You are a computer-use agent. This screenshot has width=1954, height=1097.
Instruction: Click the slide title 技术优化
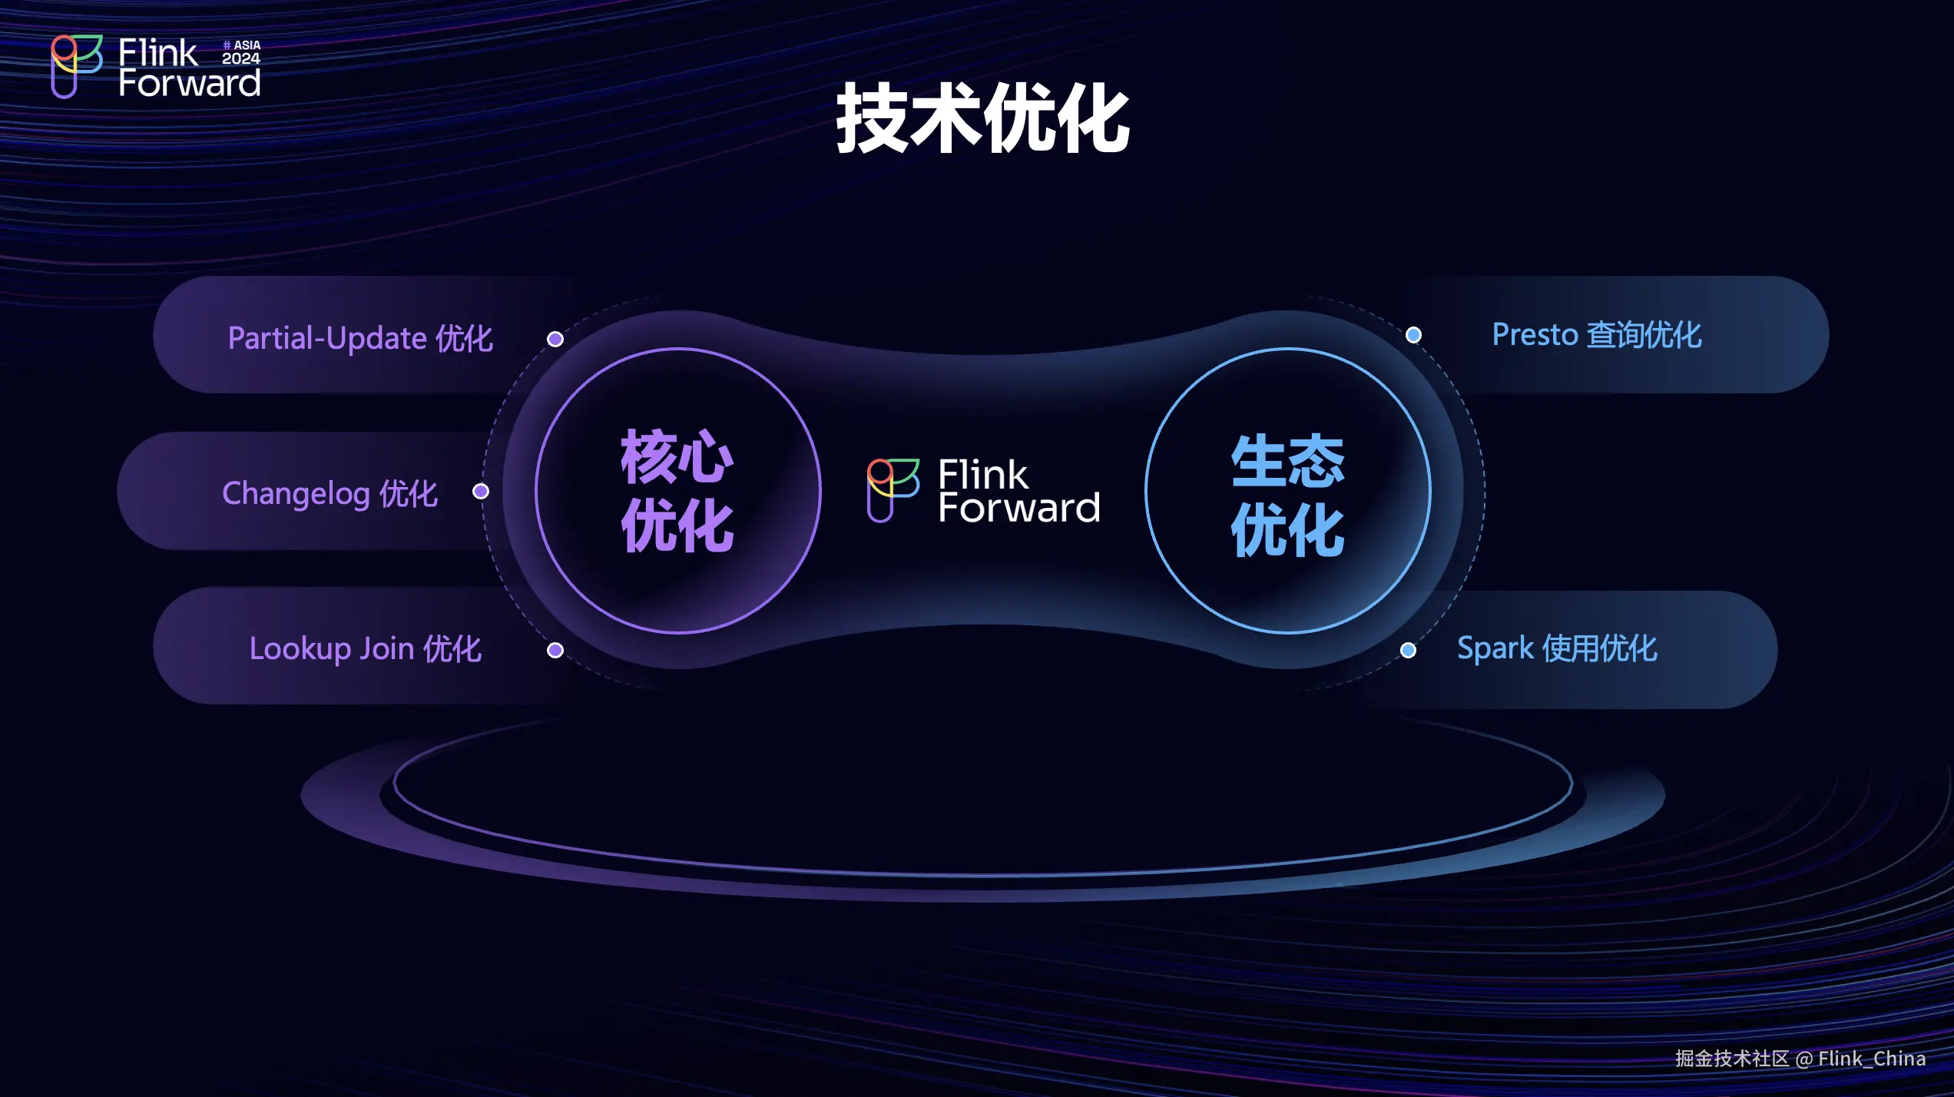(982, 119)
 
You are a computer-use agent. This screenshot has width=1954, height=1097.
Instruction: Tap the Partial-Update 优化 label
(360, 339)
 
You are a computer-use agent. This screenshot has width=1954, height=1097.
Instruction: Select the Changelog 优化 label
(330, 494)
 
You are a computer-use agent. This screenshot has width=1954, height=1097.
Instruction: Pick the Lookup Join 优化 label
(365, 649)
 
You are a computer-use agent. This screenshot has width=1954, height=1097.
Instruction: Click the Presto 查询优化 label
(1597, 335)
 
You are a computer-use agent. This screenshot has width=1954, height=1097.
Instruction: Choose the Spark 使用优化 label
(1557, 649)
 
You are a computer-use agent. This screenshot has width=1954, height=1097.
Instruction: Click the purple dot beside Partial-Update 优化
(555, 339)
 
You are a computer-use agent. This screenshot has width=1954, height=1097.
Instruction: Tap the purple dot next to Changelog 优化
(481, 491)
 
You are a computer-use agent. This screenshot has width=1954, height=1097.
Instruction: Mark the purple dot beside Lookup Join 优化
(555, 651)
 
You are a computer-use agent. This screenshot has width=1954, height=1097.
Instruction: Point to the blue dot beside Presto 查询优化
(1413, 335)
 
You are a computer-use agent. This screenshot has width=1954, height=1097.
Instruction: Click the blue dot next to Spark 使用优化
(1408, 651)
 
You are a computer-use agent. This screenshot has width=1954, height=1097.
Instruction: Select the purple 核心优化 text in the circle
(677, 491)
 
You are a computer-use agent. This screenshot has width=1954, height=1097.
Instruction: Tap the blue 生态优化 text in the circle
(1288, 495)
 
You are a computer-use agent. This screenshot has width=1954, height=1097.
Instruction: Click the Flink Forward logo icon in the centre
(893, 490)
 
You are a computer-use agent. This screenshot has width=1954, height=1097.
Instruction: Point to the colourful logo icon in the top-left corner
(76, 66)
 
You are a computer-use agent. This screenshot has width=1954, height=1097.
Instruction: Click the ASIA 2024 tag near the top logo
(241, 52)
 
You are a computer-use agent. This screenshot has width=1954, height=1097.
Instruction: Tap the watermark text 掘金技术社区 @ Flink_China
(1800, 1059)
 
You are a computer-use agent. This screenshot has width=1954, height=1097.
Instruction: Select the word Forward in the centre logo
(1019, 508)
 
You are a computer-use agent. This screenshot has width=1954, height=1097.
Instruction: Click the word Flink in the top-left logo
(157, 53)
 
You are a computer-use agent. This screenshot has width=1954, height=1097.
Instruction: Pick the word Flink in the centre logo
(982, 474)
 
